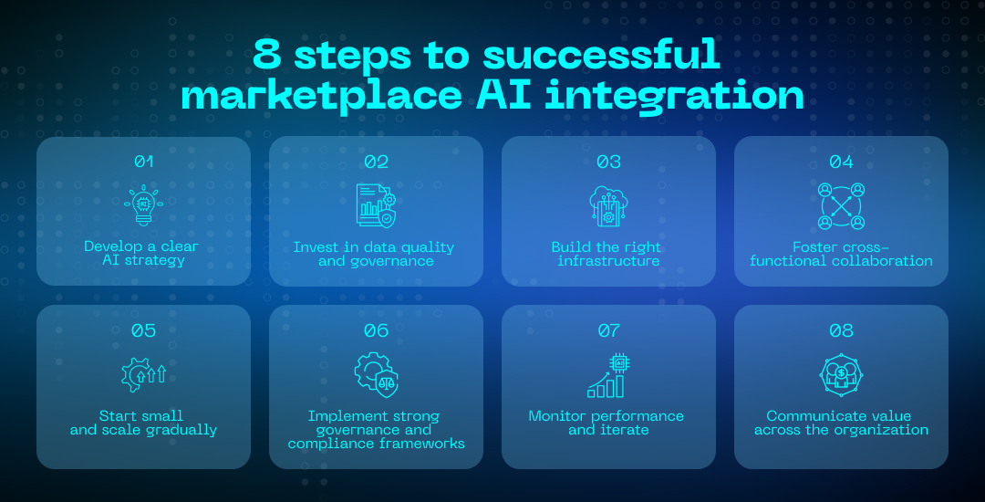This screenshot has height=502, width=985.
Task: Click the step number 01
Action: point(143,162)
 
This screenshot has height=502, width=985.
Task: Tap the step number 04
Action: point(841,162)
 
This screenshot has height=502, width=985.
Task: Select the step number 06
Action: point(376,330)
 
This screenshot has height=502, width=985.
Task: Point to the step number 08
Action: point(841,330)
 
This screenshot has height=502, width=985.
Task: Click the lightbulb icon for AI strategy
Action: point(143,205)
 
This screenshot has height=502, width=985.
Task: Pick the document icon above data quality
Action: point(376,205)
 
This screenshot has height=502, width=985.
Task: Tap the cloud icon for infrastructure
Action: point(608,205)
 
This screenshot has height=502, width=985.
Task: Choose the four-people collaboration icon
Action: point(841,206)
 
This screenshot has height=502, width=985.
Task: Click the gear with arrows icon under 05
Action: point(143,374)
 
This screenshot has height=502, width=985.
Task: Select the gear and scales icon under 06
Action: point(376,373)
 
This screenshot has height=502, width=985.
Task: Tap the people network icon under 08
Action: point(841,374)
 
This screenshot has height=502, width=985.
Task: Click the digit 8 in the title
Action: point(267,56)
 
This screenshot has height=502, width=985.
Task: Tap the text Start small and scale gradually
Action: point(143,423)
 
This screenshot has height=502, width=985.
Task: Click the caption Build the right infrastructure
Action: point(608,254)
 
